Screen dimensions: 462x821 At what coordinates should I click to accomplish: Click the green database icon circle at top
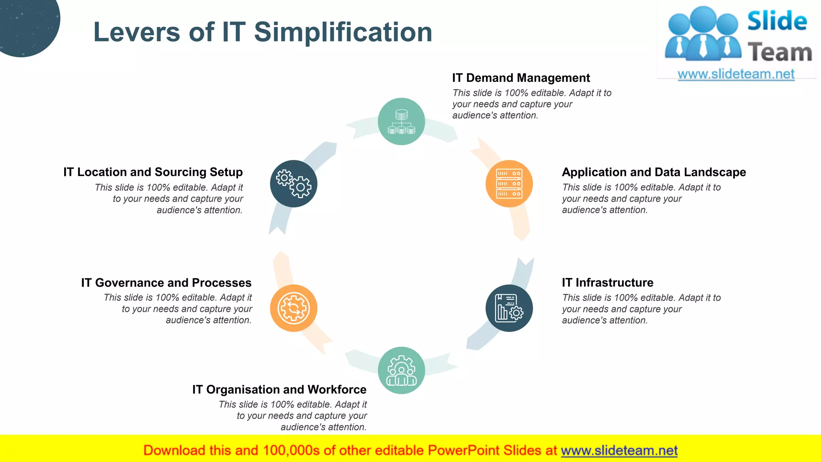pyautogui.click(x=401, y=122)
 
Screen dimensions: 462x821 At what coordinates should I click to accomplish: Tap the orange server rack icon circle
pyautogui.click(x=509, y=184)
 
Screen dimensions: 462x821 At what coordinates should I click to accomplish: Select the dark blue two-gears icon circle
pyautogui.click(x=293, y=184)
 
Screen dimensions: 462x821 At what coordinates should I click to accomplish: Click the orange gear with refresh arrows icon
pyautogui.click(x=293, y=308)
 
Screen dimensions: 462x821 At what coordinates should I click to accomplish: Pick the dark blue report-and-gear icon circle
pyautogui.click(x=509, y=308)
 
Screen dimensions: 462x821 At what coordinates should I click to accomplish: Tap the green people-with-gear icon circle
pyautogui.click(x=401, y=370)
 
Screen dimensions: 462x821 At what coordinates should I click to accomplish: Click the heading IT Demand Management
pyautogui.click(x=521, y=78)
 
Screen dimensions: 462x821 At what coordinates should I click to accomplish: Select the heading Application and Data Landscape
pyautogui.click(x=653, y=172)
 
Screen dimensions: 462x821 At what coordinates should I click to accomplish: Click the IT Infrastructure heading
pyautogui.click(x=607, y=283)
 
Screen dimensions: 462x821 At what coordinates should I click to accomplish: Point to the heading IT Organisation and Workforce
pyautogui.click(x=279, y=389)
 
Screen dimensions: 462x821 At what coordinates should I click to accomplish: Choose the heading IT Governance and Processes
pyautogui.click(x=166, y=283)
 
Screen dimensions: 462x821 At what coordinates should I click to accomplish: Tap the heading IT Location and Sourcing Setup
pyautogui.click(x=153, y=172)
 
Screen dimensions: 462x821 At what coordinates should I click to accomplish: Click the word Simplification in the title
pyautogui.click(x=343, y=32)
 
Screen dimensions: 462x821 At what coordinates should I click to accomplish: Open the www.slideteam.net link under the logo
pyautogui.click(x=736, y=74)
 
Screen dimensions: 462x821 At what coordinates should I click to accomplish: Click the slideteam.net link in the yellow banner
pyautogui.click(x=619, y=450)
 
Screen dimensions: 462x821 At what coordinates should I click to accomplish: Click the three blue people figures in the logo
pyautogui.click(x=703, y=34)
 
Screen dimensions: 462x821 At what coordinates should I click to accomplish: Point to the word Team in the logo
pyautogui.click(x=779, y=53)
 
